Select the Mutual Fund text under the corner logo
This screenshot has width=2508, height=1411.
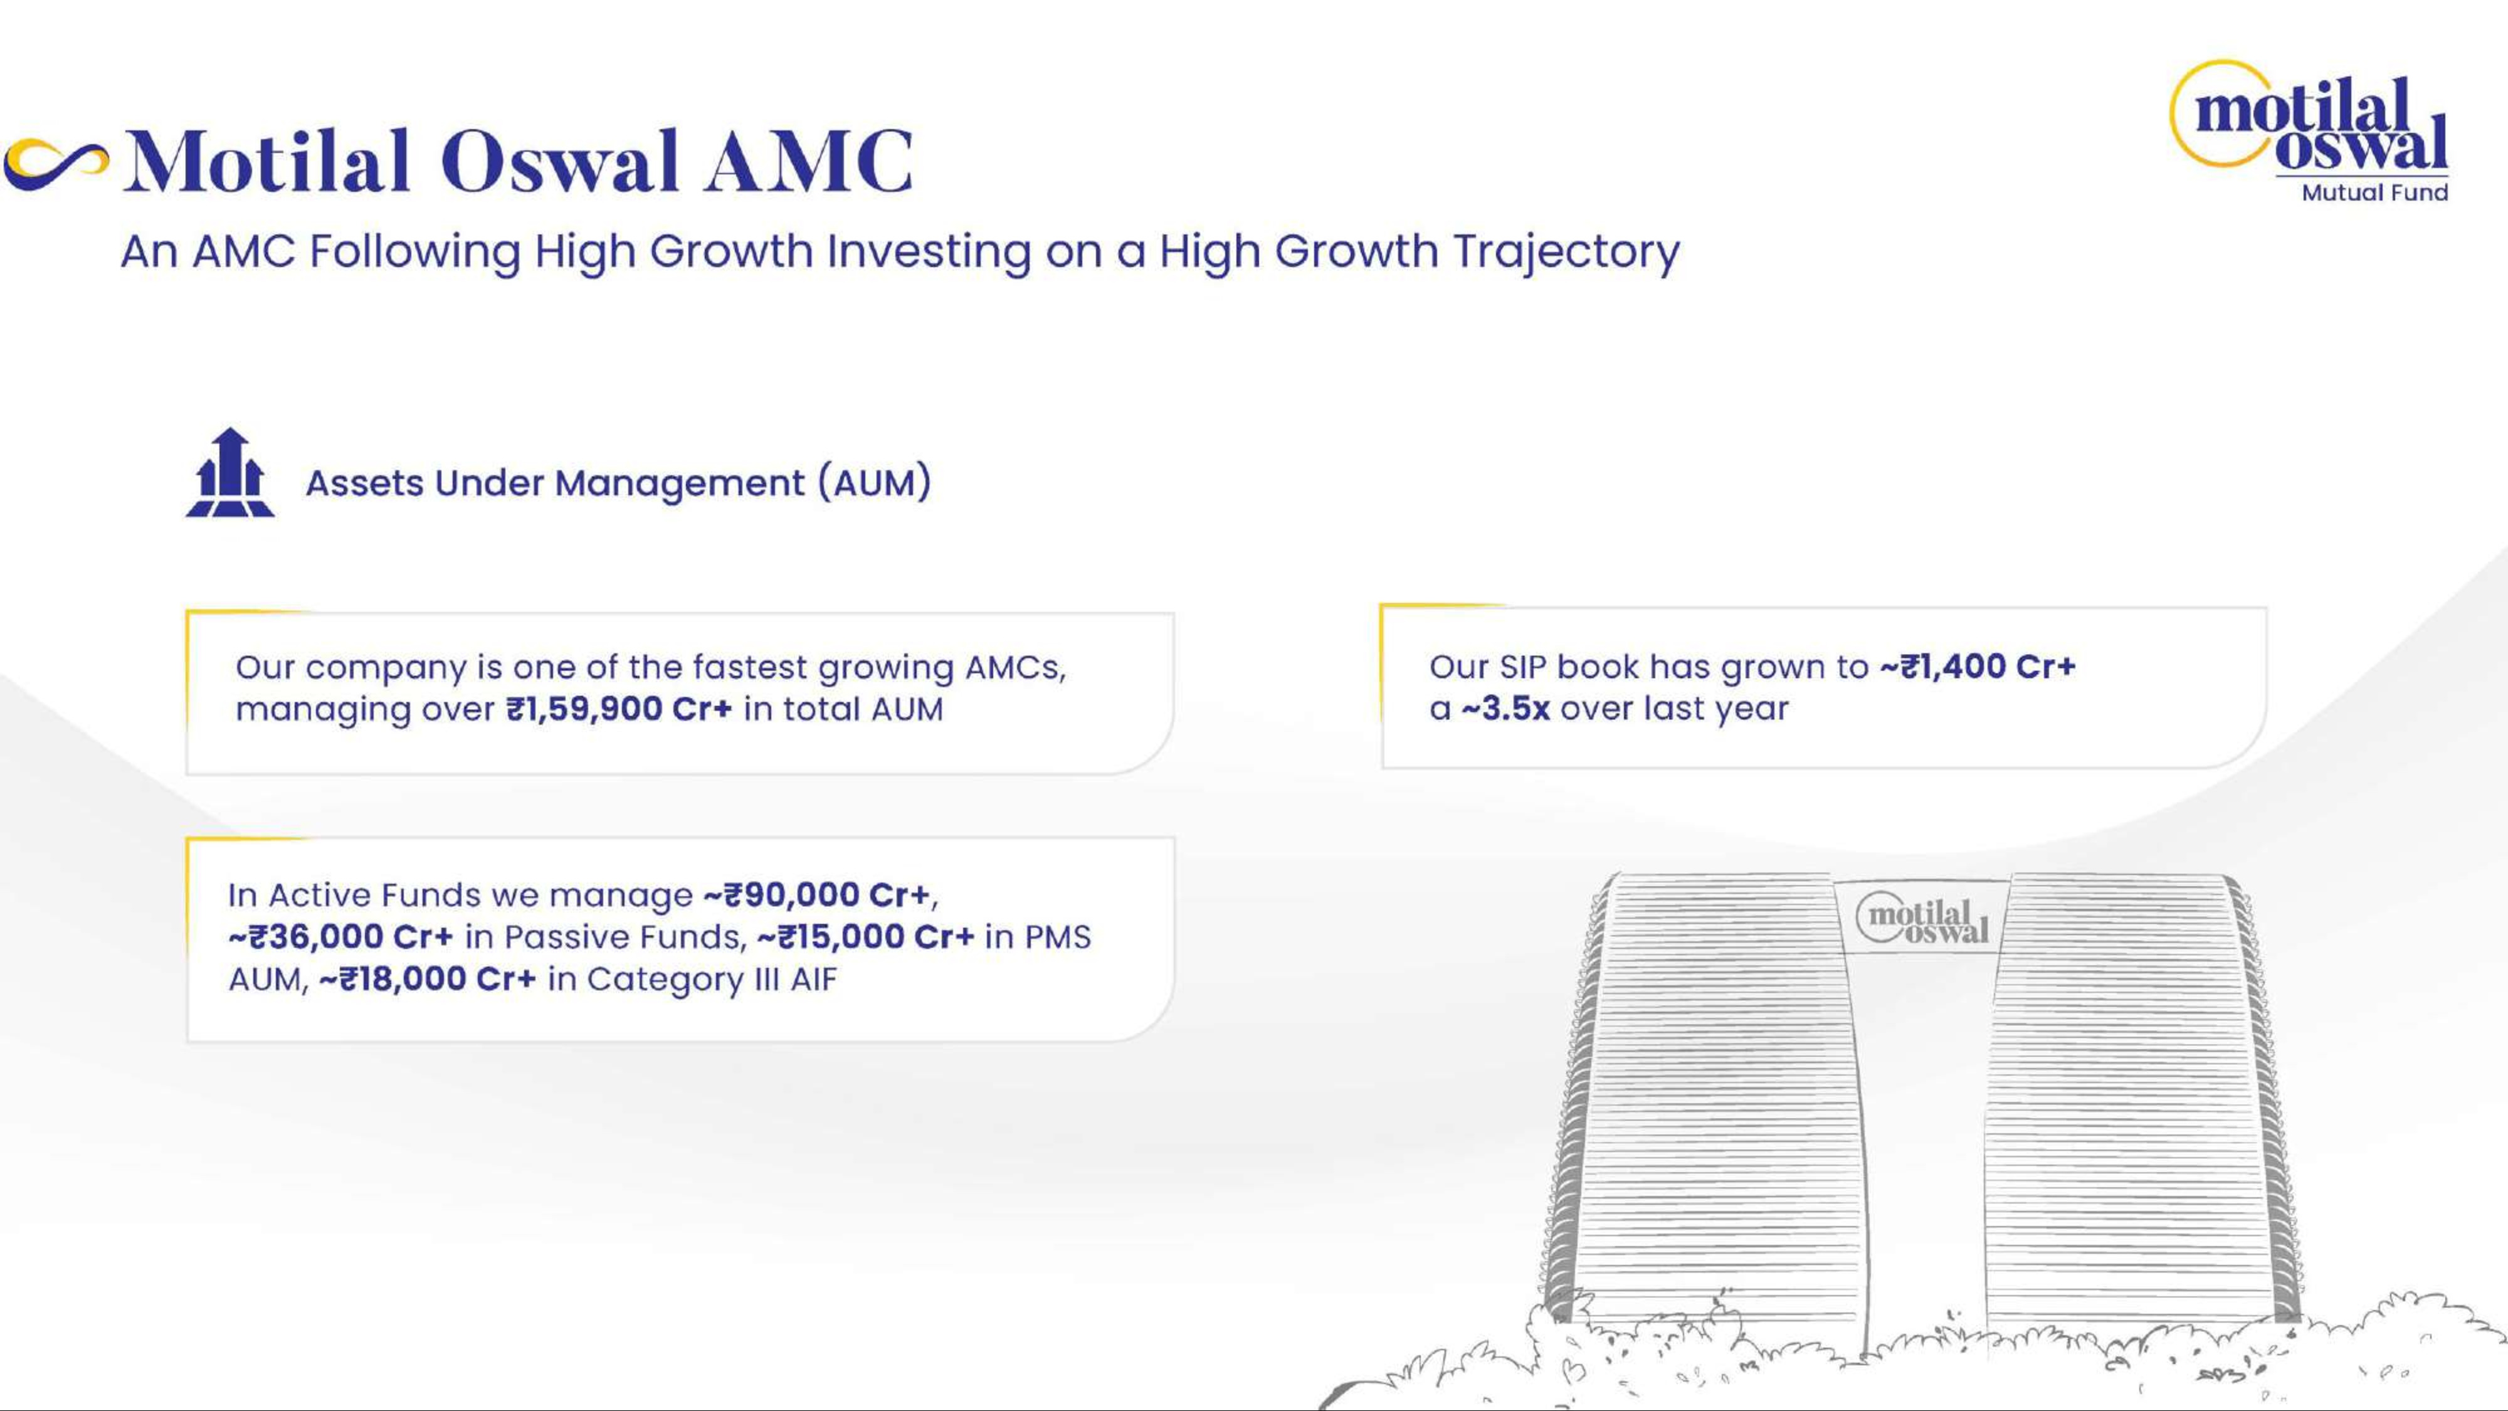[x=2374, y=193]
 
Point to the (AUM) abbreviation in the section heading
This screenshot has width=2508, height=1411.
[x=874, y=483]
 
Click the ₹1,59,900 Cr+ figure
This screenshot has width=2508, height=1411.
[x=619, y=709]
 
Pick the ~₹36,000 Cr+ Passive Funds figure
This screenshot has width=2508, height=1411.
[x=340, y=937]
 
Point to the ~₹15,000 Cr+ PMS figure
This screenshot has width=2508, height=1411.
[x=865, y=937]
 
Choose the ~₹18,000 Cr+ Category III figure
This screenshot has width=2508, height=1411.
[x=428, y=979]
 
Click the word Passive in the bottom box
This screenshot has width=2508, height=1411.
[x=564, y=937]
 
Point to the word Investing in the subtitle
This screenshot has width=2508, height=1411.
[x=929, y=252]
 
